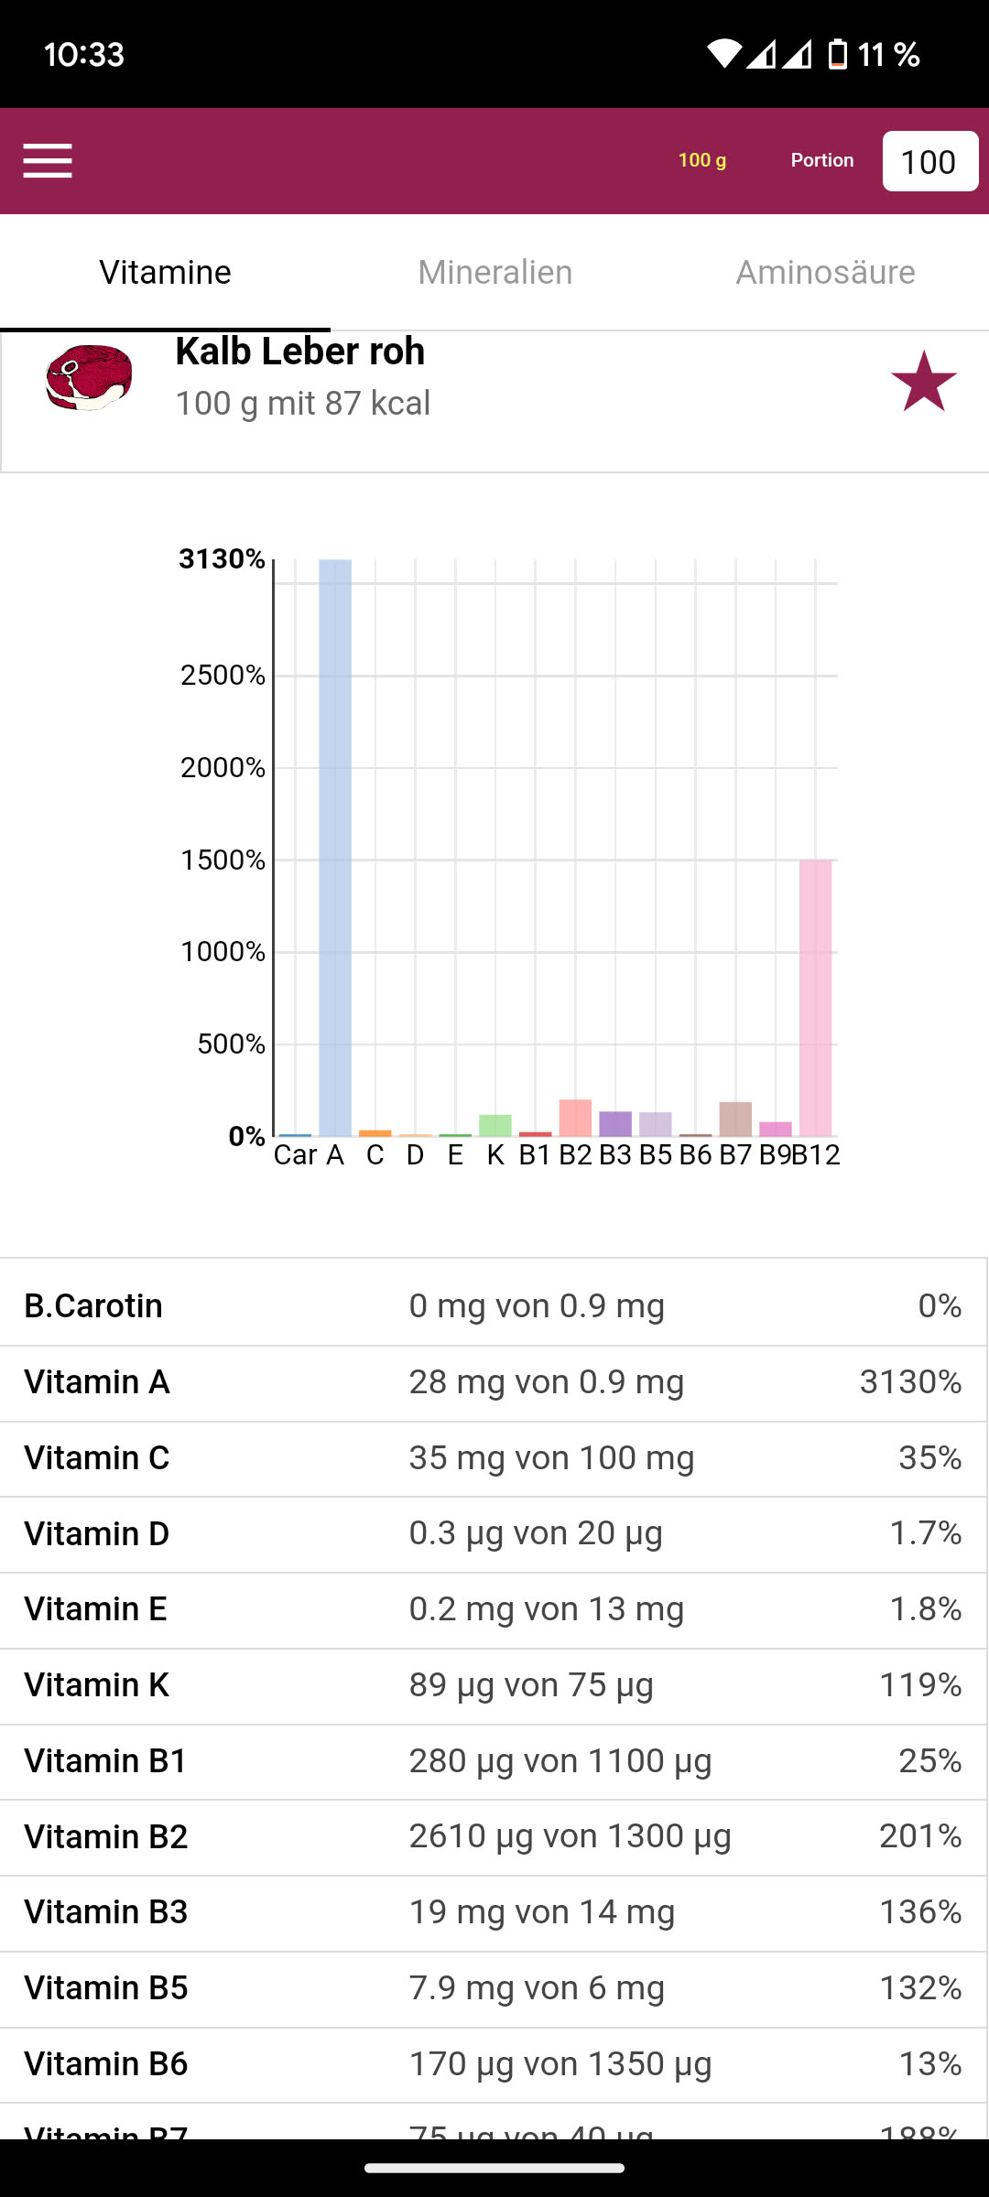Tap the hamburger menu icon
tap(48, 161)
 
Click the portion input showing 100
tap(929, 162)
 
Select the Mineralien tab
tap(494, 273)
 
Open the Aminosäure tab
tap(825, 273)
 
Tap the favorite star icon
tap(923, 382)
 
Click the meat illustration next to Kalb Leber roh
tap(89, 377)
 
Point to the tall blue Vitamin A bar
tap(335, 847)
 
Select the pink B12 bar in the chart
tap(815, 998)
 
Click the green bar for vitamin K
tap(495, 1125)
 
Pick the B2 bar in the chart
tap(575, 1118)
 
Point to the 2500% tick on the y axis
tap(223, 676)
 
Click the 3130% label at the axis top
tap(222, 558)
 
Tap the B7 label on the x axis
tap(735, 1155)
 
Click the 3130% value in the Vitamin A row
tap(910, 1382)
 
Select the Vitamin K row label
tap(96, 1685)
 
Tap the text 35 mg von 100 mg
tap(551, 1457)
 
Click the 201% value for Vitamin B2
tap(919, 1836)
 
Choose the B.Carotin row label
tap(93, 1306)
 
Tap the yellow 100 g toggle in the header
tap(702, 160)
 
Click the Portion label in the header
tap(822, 160)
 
